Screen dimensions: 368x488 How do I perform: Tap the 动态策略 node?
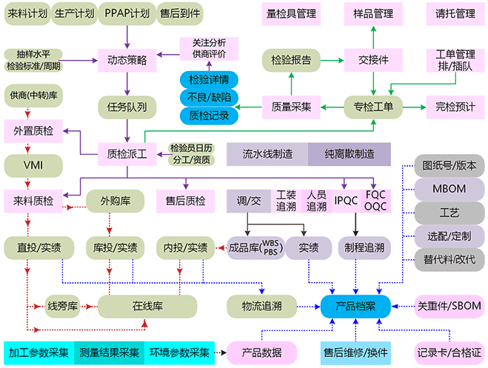pos(127,58)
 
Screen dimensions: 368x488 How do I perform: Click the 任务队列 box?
pos(127,107)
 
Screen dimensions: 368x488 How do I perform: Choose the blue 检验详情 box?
pos(209,79)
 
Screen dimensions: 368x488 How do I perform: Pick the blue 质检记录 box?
pos(209,115)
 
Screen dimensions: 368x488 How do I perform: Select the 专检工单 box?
pos(373,107)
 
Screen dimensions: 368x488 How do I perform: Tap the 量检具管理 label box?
pos(291,14)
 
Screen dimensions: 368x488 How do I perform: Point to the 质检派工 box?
pos(127,154)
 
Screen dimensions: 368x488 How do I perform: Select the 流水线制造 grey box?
pos(267,154)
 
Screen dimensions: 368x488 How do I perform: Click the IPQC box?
pos(346,200)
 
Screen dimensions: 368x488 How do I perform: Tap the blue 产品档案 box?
pos(355,305)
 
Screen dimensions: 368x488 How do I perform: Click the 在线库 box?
pos(147,305)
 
